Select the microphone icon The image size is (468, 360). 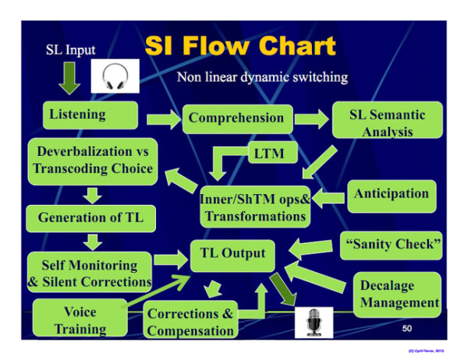[314, 319]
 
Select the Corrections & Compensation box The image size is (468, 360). [190, 322]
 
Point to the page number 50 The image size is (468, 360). [407, 329]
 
